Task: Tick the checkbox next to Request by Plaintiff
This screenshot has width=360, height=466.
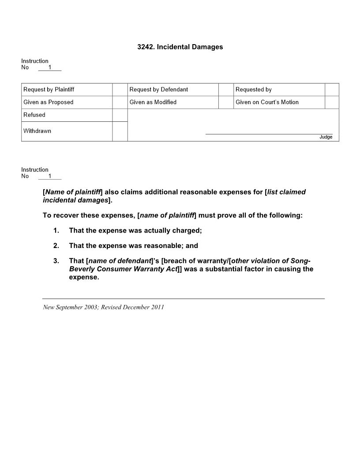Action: (120, 90)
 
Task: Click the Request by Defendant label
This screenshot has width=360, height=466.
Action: (159, 90)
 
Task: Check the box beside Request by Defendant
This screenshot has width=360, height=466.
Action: (226, 90)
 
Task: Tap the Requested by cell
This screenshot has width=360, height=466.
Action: (254, 90)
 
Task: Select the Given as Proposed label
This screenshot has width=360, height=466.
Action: (49, 102)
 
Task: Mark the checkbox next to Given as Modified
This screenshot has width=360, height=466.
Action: (226, 102)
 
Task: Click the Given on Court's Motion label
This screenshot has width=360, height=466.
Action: (267, 102)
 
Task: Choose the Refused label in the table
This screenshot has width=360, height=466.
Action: (34, 115)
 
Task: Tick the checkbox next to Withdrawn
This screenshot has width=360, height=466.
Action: (120, 132)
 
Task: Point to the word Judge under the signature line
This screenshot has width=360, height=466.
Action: (326, 137)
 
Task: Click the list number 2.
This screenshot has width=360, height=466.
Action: (56, 246)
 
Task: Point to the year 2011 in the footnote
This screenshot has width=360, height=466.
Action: (157, 307)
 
